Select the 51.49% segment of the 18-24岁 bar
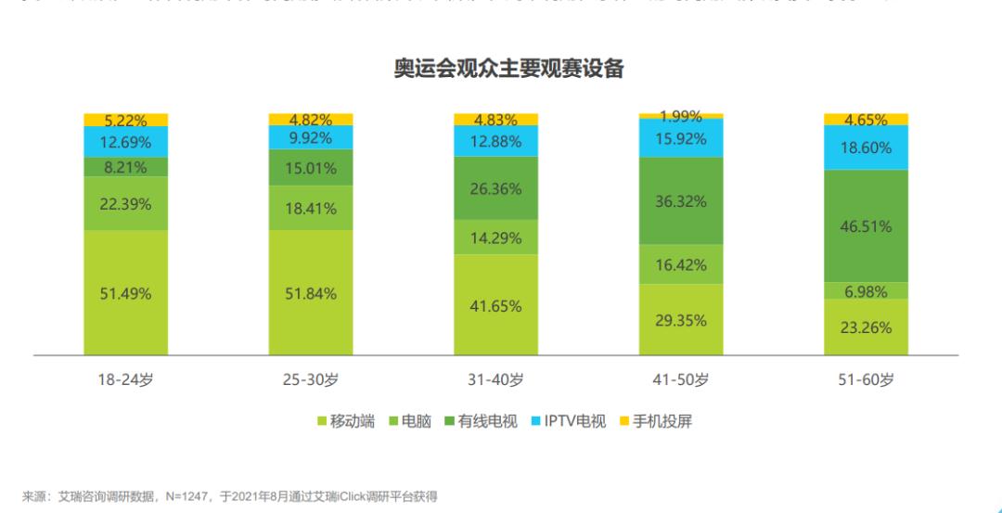pyautogui.click(x=125, y=293)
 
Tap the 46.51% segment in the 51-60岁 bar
pyautogui.click(x=866, y=226)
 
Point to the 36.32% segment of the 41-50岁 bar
pyautogui.click(x=681, y=201)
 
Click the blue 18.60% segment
pyautogui.click(x=866, y=147)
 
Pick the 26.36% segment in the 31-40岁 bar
pyautogui.click(x=495, y=188)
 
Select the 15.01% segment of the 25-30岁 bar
pyautogui.click(x=311, y=168)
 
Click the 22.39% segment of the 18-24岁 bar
pyautogui.click(x=125, y=204)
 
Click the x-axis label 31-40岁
pyautogui.click(x=495, y=380)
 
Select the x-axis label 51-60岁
pyautogui.click(x=866, y=380)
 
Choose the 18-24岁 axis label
pyautogui.click(x=125, y=380)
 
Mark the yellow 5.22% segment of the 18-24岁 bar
pyautogui.click(x=125, y=120)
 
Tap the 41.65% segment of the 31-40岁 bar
pyautogui.click(x=495, y=304)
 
